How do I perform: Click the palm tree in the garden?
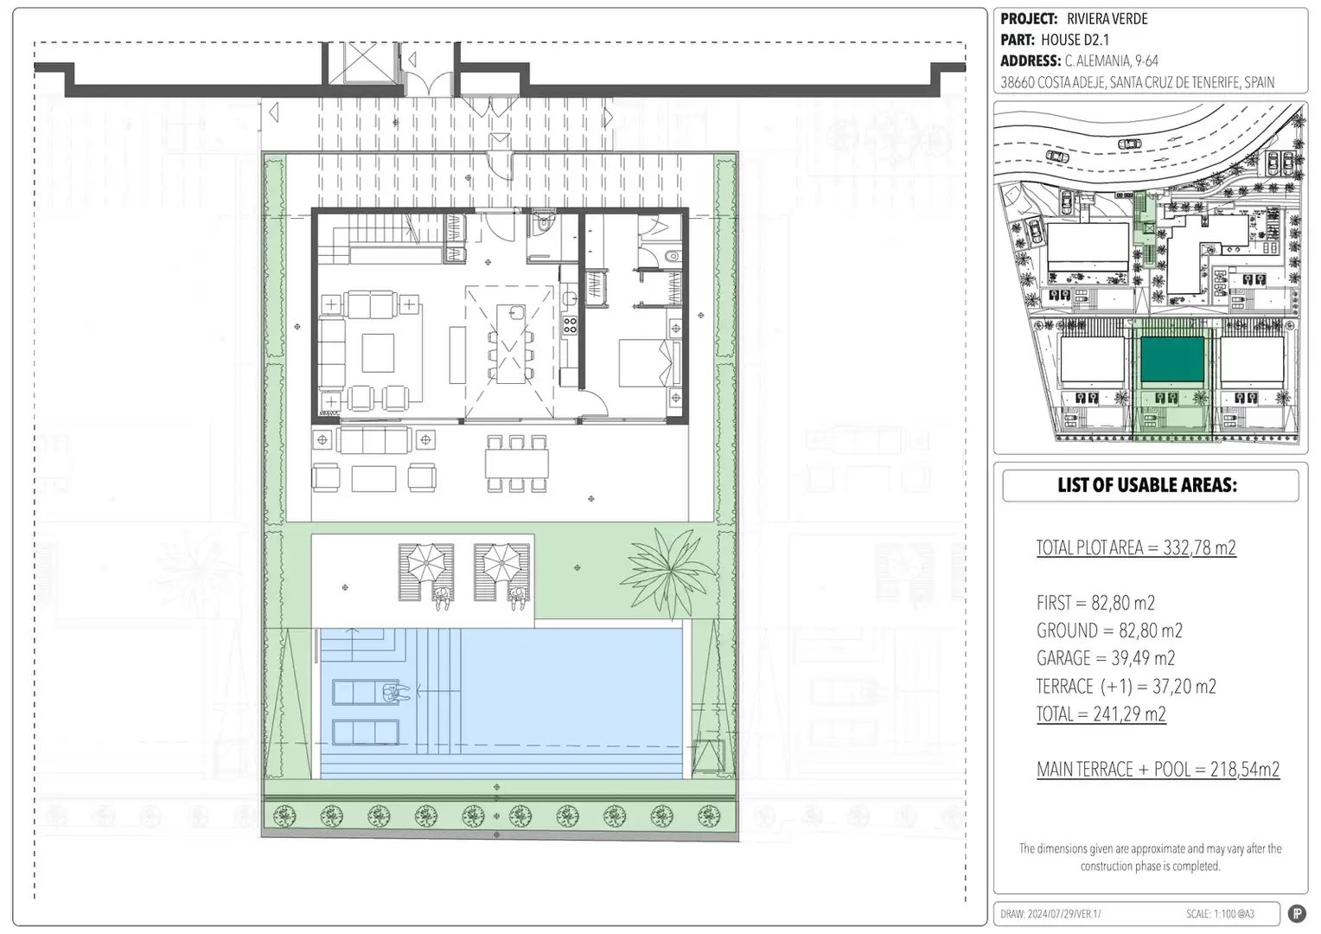pos(668,573)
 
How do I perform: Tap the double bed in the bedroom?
pos(648,363)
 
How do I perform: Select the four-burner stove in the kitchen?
pos(570,325)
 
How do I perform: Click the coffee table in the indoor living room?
pos(378,353)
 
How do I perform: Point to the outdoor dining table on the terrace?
pos(517,464)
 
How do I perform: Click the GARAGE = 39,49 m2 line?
pos(1106,658)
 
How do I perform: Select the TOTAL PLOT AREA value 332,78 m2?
pos(1199,547)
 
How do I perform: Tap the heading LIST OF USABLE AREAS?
pos(1147,485)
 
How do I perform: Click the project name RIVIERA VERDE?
pos(1107,19)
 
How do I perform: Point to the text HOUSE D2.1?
pos(1075,40)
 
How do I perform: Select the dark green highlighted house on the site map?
pos(1171,359)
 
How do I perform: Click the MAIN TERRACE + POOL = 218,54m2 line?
pos(1158,769)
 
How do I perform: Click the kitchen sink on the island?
pos(517,312)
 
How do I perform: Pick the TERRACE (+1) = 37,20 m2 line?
pos(1126,686)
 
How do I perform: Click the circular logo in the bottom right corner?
pos(1296,914)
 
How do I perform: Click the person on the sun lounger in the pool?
pos(395,693)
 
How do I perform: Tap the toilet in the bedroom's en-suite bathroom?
pos(672,257)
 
